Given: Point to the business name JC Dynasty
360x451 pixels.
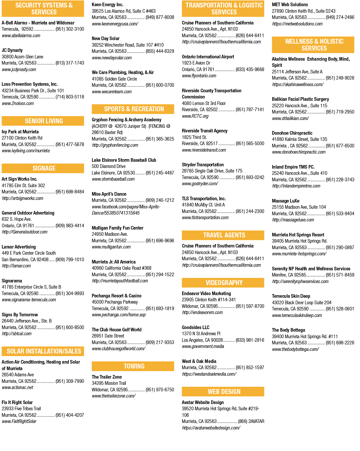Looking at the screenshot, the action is pos(12,50).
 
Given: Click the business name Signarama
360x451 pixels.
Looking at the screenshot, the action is pos(12,281).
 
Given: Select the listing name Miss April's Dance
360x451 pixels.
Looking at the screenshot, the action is pos(109,194).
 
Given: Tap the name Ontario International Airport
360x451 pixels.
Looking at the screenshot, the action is pos(208,57).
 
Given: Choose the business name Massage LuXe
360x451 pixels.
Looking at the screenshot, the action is pos(286,201).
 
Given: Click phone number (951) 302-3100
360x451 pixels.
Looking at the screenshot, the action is pos(70,29).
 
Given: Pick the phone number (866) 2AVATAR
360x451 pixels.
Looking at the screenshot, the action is pos(251,421).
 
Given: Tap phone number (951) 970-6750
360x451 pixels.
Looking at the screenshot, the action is pos(160,390).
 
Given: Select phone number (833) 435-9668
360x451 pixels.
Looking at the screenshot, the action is pos(250,69).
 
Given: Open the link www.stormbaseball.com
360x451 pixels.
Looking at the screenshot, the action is pos(113,179).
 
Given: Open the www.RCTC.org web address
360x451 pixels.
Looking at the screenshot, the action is pos(195,116).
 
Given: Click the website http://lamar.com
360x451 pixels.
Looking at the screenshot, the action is pos(16,266).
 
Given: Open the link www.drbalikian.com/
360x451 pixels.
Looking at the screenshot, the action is pos(290,118).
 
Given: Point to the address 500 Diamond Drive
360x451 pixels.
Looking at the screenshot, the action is pos(108,166).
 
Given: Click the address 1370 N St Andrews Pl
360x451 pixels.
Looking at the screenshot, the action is pos(201,334).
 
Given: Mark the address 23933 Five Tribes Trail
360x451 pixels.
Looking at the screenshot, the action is pos(21,409).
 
